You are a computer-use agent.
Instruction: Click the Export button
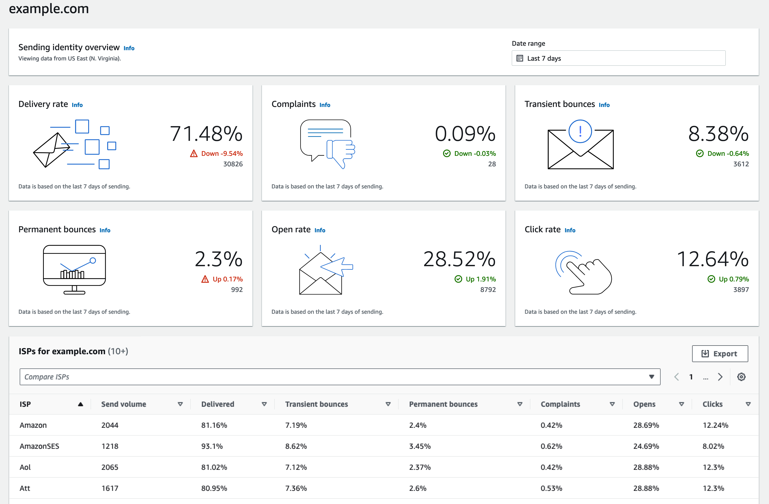[x=720, y=354]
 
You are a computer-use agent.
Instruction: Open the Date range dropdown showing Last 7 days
[x=618, y=58]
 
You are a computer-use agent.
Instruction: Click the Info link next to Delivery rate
[x=77, y=105]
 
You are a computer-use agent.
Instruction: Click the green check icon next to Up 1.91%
[x=458, y=279]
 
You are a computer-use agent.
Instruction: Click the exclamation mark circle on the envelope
[x=580, y=131]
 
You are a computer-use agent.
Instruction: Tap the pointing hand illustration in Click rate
[x=585, y=273]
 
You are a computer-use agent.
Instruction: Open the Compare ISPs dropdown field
[x=340, y=377]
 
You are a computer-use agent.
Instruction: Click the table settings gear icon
[x=741, y=377]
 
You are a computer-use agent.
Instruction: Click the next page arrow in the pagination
[x=720, y=377]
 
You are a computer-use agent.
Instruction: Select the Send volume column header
[x=124, y=404]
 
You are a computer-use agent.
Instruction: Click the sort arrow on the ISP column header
[x=81, y=404]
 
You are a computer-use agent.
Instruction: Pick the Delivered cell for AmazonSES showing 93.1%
[x=212, y=446]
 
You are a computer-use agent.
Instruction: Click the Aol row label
[x=25, y=467]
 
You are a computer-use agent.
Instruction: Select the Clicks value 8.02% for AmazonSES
[x=713, y=446]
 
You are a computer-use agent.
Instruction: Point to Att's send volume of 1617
[x=110, y=488]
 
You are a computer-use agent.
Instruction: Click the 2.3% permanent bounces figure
[x=218, y=259]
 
